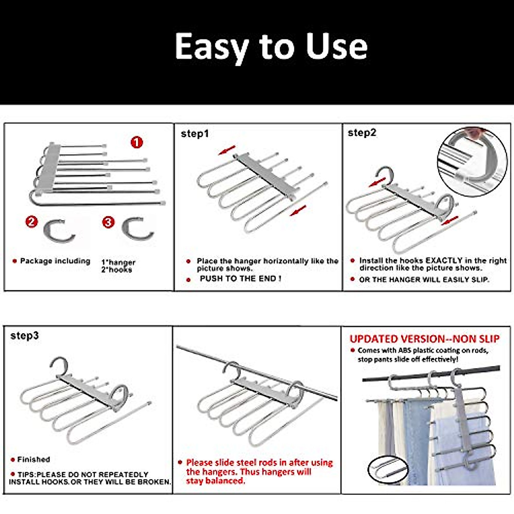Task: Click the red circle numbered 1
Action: click(x=137, y=142)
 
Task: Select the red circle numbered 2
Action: click(x=32, y=222)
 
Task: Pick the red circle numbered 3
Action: click(x=108, y=222)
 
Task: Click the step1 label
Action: click(x=195, y=134)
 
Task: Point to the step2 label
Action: click(x=362, y=133)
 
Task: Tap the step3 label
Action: click(x=24, y=336)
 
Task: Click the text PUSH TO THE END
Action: click(x=240, y=278)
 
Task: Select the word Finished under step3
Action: click(x=33, y=460)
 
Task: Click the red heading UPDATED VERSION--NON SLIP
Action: click(x=424, y=339)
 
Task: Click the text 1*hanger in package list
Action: click(x=118, y=262)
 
